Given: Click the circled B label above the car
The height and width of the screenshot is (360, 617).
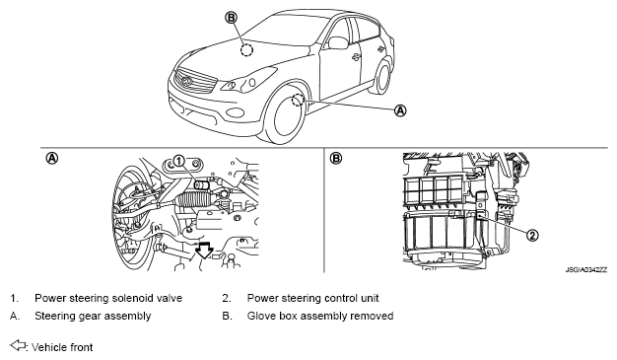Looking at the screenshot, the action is coord(232,18).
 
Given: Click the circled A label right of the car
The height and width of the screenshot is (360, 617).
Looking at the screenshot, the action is coord(400,110).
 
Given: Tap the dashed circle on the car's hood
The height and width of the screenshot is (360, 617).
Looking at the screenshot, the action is coord(246,50).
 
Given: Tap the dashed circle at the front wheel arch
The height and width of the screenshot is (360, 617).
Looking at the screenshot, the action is coord(298,101).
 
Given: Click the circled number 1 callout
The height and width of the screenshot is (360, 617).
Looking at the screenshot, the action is coord(178,161).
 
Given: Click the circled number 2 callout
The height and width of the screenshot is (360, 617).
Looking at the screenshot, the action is coord(531,236).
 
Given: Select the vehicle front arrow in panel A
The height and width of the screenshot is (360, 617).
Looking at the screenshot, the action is coord(205,251).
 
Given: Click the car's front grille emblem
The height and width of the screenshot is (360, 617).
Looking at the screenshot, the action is coord(186,81).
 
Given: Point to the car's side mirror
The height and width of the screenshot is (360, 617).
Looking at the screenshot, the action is coord(338,42).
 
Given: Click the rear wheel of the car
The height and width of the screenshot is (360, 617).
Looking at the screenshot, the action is coord(381,77).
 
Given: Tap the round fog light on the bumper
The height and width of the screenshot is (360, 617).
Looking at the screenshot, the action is coord(235,112).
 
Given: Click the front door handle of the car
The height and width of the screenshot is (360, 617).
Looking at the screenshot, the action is coord(356,57).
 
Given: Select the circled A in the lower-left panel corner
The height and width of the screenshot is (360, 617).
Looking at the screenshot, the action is coord(52,159).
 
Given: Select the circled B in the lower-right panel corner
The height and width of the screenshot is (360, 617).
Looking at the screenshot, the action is coord(336,159).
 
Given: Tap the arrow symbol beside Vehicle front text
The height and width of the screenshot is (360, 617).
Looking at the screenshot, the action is coord(18,345).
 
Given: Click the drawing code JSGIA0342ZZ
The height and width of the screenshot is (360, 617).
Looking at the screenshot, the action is coord(586,270).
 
